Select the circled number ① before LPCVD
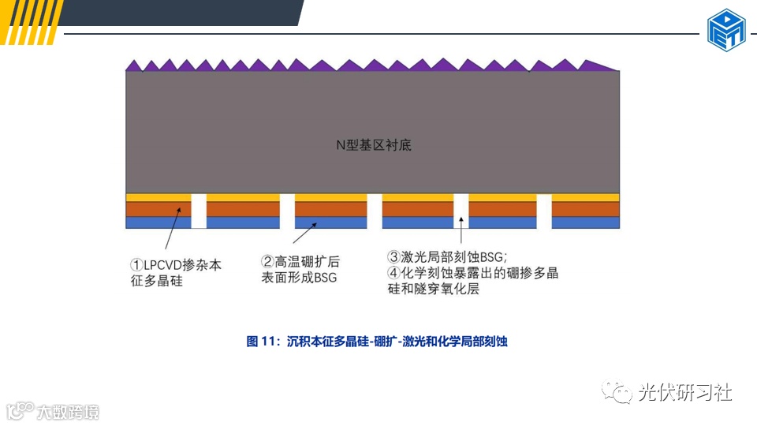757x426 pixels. pyautogui.click(x=136, y=265)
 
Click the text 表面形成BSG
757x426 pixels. pyautogui.click(x=299, y=278)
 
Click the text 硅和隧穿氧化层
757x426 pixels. pyautogui.click(x=433, y=290)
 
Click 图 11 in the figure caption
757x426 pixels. pyautogui.click(x=263, y=342)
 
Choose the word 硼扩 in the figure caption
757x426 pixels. pyautogui.click(x=384, y=342)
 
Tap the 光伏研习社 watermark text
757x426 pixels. pyautogui.click(x=684, y=392)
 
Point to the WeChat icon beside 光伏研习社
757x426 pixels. pyautogui.click(x=617, y=392)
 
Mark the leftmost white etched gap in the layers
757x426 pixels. pyautogui.click(x=199, y=211)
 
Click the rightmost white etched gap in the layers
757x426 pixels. pyautogui.click(x=544, y=211)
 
